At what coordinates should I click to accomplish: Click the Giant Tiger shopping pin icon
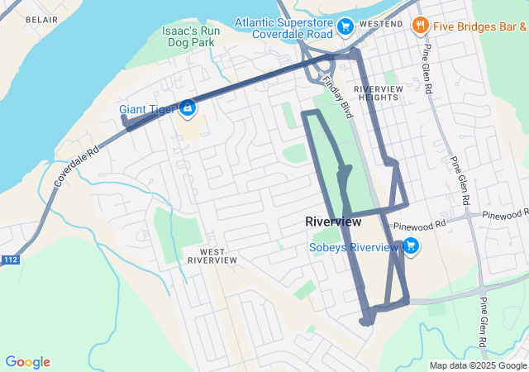click(188, 107)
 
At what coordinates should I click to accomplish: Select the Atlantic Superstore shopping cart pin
click(346, 28)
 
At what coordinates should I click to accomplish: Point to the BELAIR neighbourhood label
click(41, 18)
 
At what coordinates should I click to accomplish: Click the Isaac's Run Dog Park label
click(190, 36)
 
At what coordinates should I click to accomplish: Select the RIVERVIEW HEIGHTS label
click(377, 93)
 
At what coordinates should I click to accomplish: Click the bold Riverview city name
click(333, 222)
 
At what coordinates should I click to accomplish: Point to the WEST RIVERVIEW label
click(212, 254)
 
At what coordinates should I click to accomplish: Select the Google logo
click(27, 362)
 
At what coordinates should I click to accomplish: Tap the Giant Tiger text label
click(146, 109)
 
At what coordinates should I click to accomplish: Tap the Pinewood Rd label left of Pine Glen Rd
click(419, 225)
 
